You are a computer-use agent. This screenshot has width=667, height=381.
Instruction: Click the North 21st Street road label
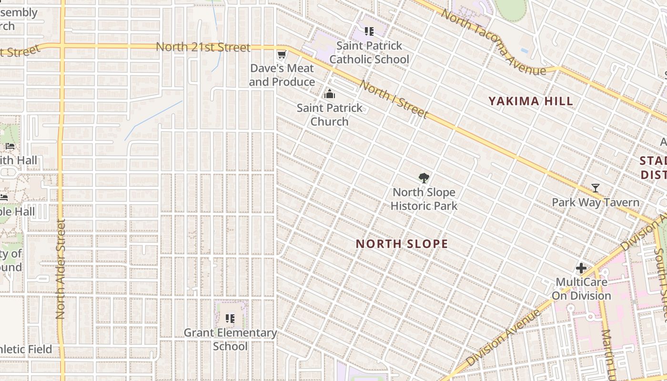pos(203,47)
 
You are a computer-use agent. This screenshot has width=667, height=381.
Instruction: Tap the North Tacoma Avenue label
pos(493,42)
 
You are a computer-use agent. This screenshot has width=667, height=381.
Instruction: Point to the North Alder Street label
pos(60,269)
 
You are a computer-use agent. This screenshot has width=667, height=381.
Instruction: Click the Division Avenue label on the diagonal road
pos(504,337)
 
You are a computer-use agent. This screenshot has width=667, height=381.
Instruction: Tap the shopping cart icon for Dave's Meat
pos(282,55)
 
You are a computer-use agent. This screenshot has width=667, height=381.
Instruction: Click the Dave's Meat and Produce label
pos(282,75)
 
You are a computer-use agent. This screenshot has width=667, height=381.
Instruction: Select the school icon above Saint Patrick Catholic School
pos(369,32)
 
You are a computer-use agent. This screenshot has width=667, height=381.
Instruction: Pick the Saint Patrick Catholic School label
pos(369,53)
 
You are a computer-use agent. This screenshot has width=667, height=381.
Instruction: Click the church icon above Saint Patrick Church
pos(329,94)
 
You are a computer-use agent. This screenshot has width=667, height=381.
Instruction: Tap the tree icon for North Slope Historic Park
pos(424,179)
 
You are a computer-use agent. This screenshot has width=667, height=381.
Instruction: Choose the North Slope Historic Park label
pos(424,199)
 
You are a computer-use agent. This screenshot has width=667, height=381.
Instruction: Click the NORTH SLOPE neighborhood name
pos(402,244)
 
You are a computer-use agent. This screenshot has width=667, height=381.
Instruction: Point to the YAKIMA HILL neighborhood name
pos(530,101)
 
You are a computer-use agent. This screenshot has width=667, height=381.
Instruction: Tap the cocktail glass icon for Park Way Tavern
pos(595,188)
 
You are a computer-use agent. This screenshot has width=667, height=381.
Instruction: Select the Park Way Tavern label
pos(596,202)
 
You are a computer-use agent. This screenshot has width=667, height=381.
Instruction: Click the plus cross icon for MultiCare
pos(581,268)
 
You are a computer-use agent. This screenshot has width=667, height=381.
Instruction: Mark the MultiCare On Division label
pos(581,289)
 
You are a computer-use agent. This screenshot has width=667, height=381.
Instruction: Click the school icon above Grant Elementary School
pos(230,319)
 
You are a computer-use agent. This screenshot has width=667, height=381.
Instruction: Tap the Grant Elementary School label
pos(230,340)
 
